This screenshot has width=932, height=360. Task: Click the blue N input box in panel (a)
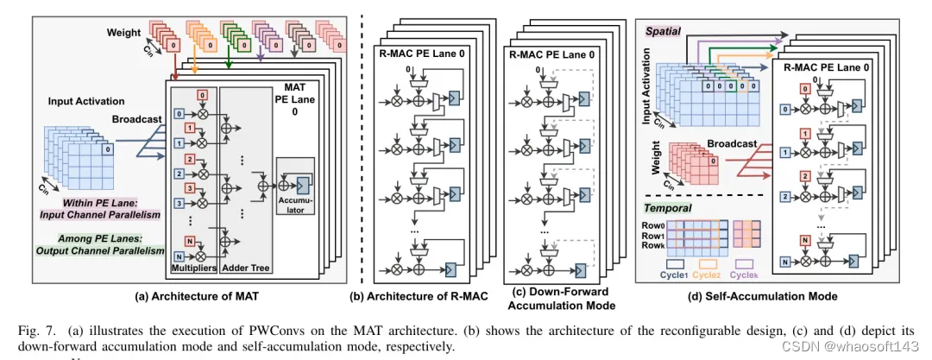[x=178, y=256]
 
